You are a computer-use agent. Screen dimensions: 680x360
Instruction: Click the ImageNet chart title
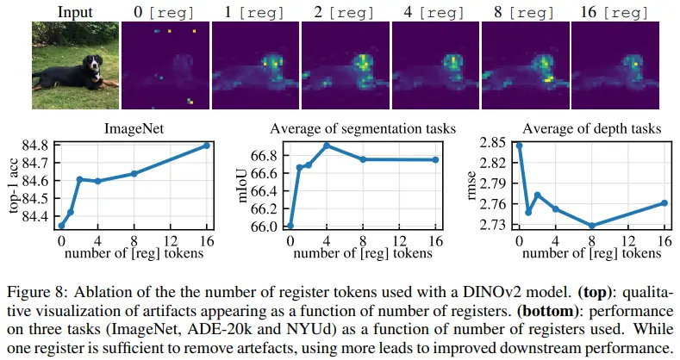pyautogui.click(x=134, y=128)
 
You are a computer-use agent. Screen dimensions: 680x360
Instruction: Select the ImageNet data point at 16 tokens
pyautogui.click(x=207, y=146)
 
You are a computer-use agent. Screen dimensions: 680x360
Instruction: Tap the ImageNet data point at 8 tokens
pyautogui.click(x=134, y=174)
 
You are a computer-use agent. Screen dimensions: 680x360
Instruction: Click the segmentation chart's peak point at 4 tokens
pyautogui.click(x=327, y=146)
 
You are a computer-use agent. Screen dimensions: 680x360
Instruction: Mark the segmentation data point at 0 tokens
pyautogui.click(x=290, y=226)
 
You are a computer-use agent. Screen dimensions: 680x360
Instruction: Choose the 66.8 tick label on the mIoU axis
pyautogui.click(x=264, y=156)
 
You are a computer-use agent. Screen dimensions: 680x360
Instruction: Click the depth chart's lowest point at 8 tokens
pyautogui.click(x=591, y=226)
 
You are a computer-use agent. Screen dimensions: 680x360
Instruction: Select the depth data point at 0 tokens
pyautogui.click(x=519, y=146)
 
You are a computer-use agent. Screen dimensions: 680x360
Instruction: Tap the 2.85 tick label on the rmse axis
pyautogui.click(x=493, y=142)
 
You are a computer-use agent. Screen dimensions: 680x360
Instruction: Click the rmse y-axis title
pyautogui.click(x=471, y=186)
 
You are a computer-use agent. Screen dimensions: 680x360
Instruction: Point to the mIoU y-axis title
pyautogui.click(x=242, y=186)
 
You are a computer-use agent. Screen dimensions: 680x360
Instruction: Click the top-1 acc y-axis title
pyautogui.click(x=14, y=185)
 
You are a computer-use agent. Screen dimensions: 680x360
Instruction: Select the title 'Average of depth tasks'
pyautogui.click(x=591, y=128)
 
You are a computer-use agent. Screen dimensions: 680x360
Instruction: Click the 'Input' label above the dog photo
pyautogui.click(x=75, y=12)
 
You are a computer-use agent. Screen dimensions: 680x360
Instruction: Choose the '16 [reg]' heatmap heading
pyautogui.click(x=614, y=12)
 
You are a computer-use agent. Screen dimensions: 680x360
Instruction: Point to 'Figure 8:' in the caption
pyautogui.click(x=37, y=292)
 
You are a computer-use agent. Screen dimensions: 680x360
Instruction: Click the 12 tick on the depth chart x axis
pyautogui.click(x=628, y=240)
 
